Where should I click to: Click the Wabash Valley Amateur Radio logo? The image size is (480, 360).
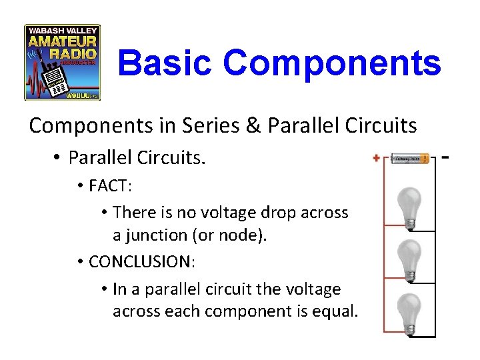tap(62, 62)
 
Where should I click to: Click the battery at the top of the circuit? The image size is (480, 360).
tap(409, 159)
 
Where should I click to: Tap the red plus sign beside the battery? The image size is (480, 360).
tap(377, 159)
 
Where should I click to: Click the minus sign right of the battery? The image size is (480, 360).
tap(445, 159)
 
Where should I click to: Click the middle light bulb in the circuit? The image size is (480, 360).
tap(409, 258)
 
